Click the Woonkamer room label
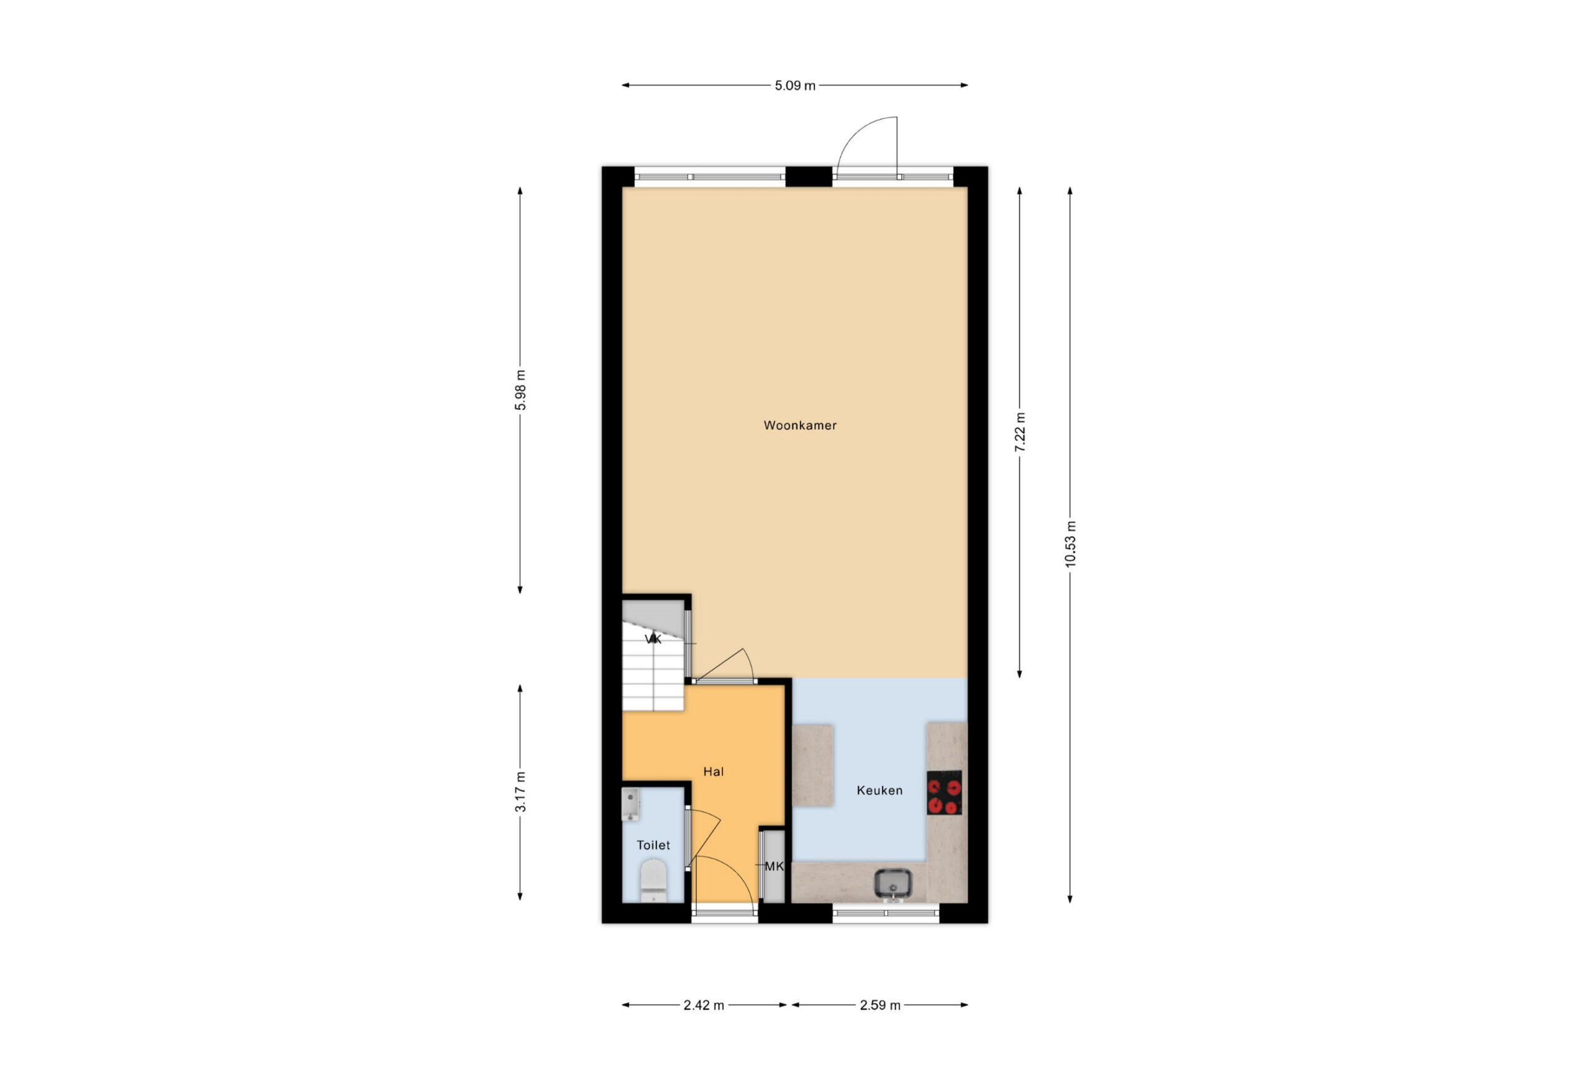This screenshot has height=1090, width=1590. click(x=800, y=425)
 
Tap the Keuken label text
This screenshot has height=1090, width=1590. click(x=879, y=790)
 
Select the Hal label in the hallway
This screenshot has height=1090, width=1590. click(x=713, y=772)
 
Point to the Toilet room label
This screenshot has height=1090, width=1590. click(x=653, y=845)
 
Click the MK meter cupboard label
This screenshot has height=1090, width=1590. click(x=774, y=866)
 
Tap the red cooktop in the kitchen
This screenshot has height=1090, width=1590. click(x=944, y=793)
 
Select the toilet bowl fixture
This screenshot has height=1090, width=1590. click(x=653, y=881)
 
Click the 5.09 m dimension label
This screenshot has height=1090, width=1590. click(x=795, y=86)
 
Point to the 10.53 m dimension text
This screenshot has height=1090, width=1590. click(x=1071, y=544)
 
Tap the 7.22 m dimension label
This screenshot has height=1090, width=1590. click(x=1020, y=432)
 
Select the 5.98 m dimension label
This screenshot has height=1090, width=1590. click(x=520, y=390)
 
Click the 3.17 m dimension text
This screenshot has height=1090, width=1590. click(x=520, y=792)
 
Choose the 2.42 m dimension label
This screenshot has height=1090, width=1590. click(x=703, y=1005)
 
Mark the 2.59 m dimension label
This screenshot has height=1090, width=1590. click(x=880, y=1005)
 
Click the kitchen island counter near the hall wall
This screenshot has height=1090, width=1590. click(x=813, y=765)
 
